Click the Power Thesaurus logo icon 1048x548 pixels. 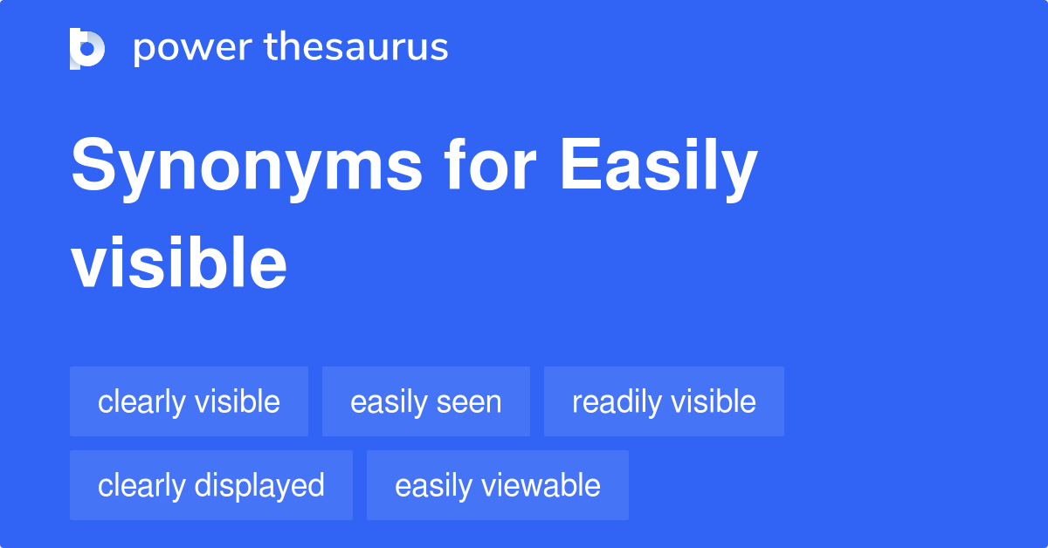click(x=87, y=48)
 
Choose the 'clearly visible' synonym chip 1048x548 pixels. click(x=189, y=401)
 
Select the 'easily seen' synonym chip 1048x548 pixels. click(x=425, y=401)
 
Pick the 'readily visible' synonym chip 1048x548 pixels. click(x=664, y=401)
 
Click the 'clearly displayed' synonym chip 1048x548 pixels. click(x=211, y=485)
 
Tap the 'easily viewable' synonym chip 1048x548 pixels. click(x=497, y=485)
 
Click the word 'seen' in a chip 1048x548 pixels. click(x=472, y=402)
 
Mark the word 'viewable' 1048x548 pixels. click(x=544, y=485)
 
